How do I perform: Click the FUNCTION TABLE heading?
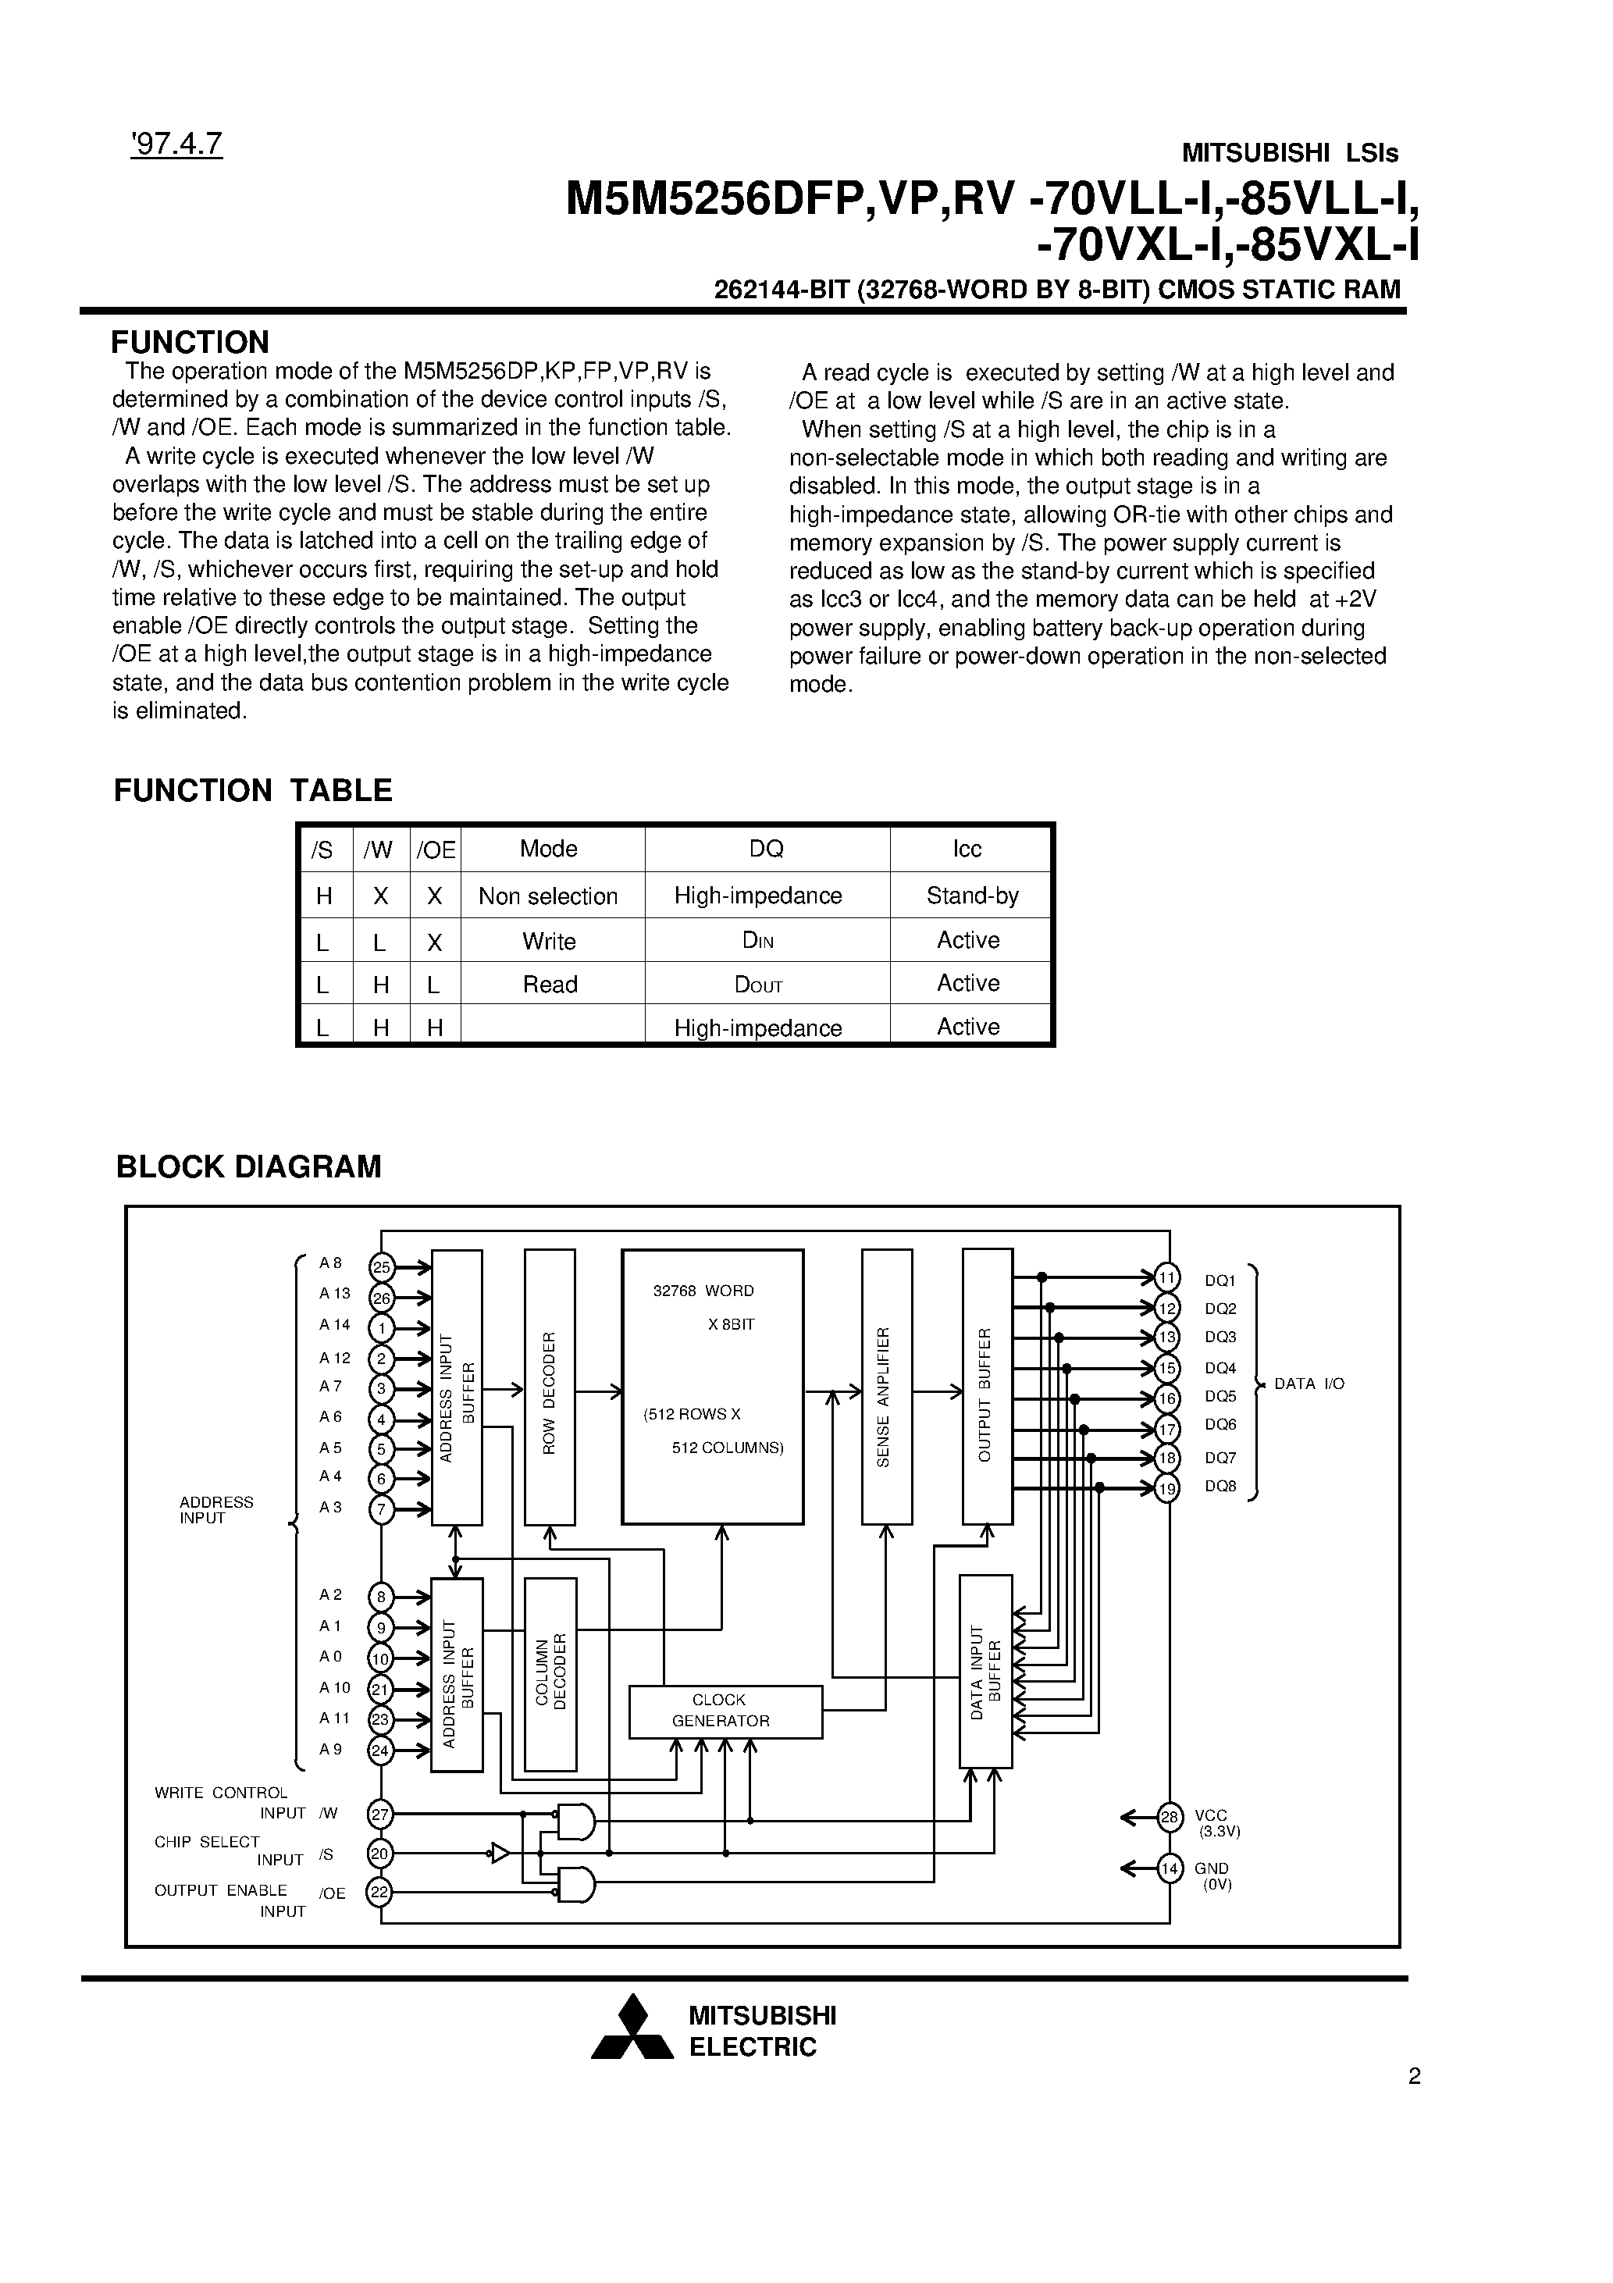click(x=253, y=790)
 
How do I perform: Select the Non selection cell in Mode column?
click(x=548, y=896)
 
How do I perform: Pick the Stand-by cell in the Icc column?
click(x=971, y=895)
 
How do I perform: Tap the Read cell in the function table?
click(x=550, y=985)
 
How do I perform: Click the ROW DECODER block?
click(x=549, y=1389)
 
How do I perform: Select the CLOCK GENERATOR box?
click(x=725, y=1710)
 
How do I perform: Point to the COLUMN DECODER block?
click(x=550, y=1672)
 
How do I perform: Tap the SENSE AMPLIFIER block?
click(x=886, y=1389)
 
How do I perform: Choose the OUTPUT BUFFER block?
click(x=987, y=1389)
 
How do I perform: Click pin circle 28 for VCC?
click(x=1170, y=1818)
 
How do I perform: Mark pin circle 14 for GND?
click(x=1170, y=1869)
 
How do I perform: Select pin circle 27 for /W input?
click(x=381, y=1815)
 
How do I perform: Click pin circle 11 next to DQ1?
click(x=1167, y=1277)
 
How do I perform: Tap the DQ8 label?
click(x=1220, y=1487)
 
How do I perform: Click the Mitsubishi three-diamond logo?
click(x=632, y=2029)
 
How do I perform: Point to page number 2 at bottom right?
click(x=1414, y=2076)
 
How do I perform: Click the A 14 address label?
click(x=335, y=1324)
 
